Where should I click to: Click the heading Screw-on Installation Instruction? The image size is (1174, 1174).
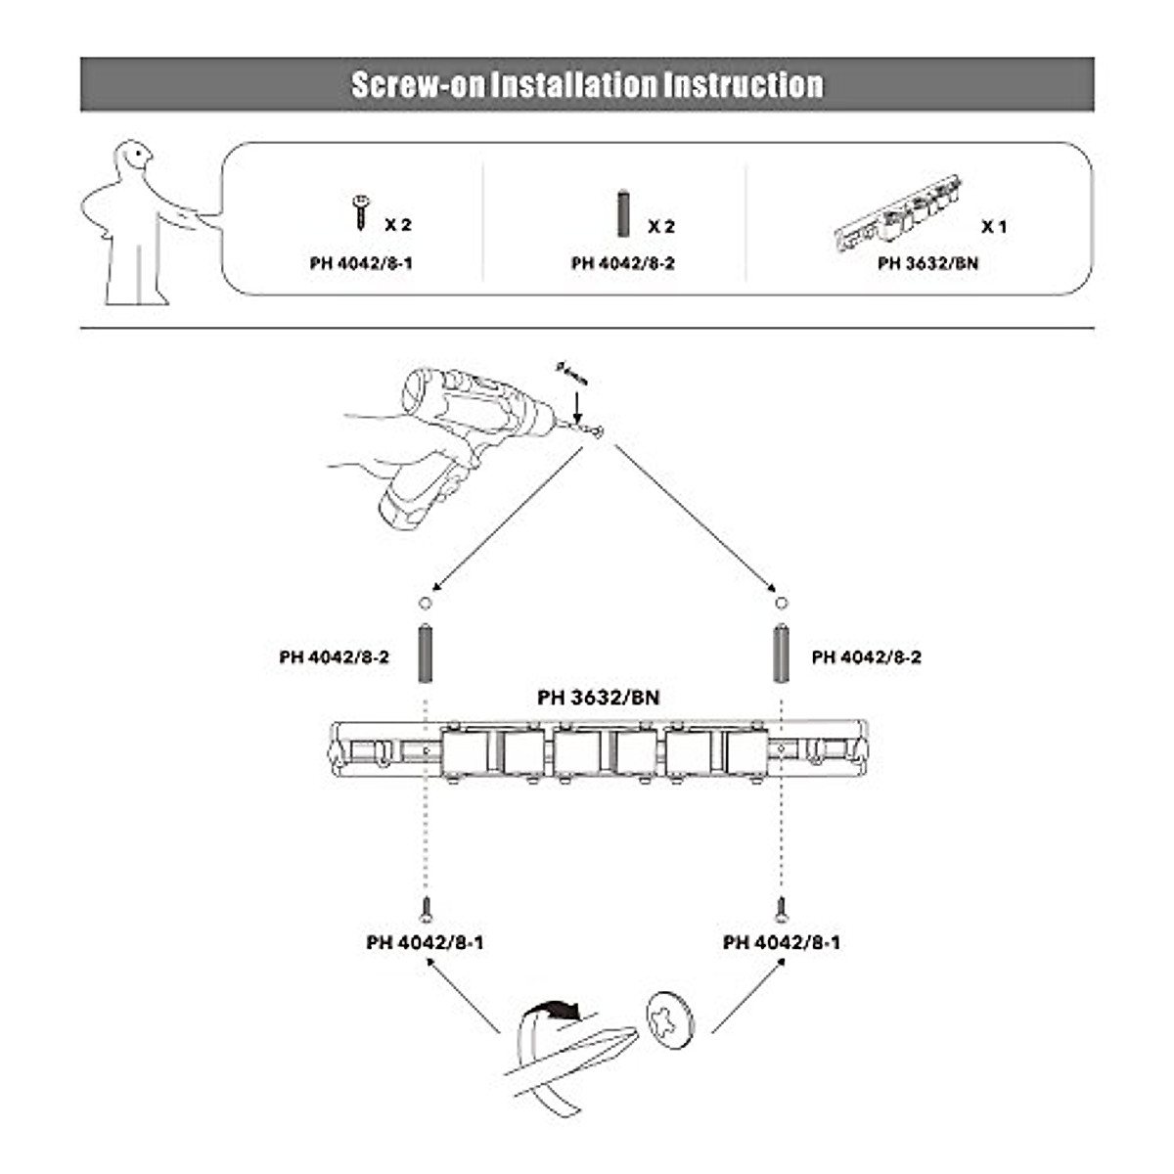(x=587, y=84)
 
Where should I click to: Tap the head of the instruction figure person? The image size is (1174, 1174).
(x=134, y=157)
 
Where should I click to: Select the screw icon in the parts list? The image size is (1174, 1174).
(x=361, y=210)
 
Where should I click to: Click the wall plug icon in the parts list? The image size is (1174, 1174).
(x=622, y=214)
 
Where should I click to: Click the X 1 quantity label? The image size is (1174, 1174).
(x=994, y=226)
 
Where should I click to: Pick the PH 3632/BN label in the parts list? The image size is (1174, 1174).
(x=927, y=263)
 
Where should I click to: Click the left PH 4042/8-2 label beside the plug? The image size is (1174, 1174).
(x=334, y=657)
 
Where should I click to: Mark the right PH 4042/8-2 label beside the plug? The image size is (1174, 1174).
(x=866, y=657)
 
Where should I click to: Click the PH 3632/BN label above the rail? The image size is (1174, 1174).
(x=598, y=698)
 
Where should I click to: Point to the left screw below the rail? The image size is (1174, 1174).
(x=426, y=909)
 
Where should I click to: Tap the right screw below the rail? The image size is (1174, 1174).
(x=781, y=909)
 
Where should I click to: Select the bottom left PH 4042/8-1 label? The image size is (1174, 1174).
(x=425, y=942)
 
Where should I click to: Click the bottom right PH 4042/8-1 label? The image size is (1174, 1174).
(x=781, y=942)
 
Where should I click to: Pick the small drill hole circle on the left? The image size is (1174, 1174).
(x=426, y=603)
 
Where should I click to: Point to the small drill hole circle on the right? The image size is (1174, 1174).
(x=780, y=603)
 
